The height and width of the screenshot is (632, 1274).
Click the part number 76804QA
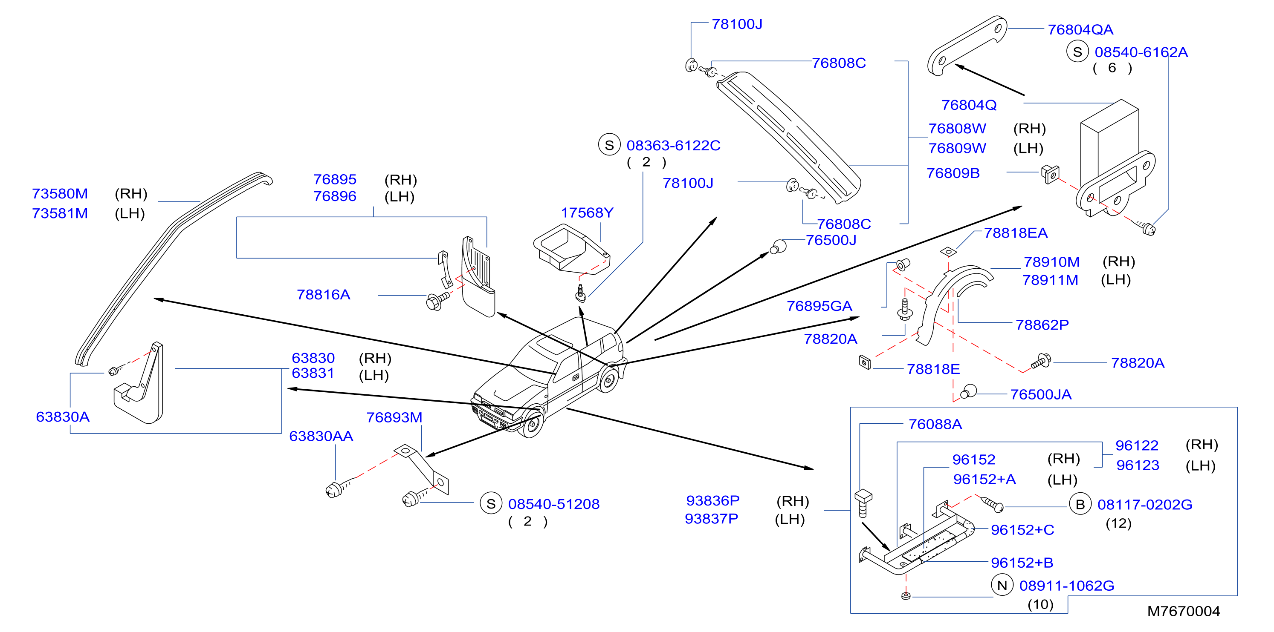pyautogui.click(x=1080, y=30)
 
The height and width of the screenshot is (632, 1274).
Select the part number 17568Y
pyautogui.click(x=587, y=213)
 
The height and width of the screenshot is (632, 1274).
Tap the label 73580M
pyautogui.click(x=60, y=194)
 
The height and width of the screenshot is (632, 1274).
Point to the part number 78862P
pyautogui.click(x=1042, y=325)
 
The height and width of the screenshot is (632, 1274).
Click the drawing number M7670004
pyautogui.click(x=1184, y=612)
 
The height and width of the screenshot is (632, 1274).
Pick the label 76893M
pyautogui.click(x=394, y=417)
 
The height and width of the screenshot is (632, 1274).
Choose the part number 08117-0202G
pyautogui.click(x=1145, y=505)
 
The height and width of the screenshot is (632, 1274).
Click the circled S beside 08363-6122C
pyautogui.click(x=609, y=145)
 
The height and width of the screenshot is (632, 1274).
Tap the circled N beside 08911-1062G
pyautogui.click(x=1002, y=586)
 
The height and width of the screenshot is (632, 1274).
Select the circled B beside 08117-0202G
pyautogui.click(x=1080, y=505)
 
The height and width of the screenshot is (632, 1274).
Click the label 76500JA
pyautogui.click(x=1041, y=395)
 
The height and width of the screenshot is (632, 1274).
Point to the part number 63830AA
pyautogui.click(x=321, y=437)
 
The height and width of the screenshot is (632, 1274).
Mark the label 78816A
pyautogui.click(x=324, y=295)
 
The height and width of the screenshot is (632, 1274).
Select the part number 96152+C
pyautogui.click(x=1022, y=530)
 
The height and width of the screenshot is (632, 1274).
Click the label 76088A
pyautogui.click(x=935, y=425)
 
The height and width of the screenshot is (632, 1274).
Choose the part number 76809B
pyautogui.click(x=953, y=173)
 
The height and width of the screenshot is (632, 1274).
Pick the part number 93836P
pyautogui.click(x=712, y=501)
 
